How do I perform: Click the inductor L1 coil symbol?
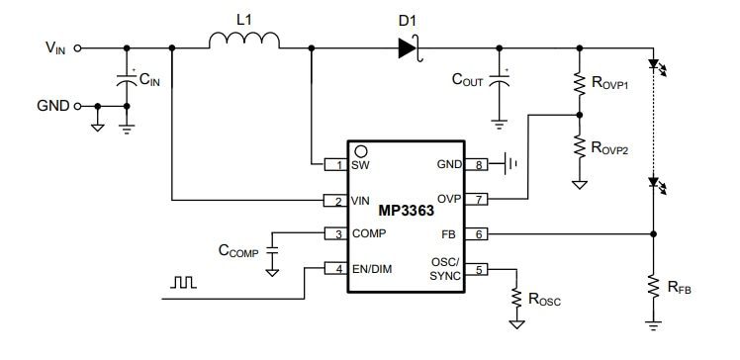click(x=243, y=41)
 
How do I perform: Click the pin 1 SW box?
click(x=337, y=165)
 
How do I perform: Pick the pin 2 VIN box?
click(x=337, y=201)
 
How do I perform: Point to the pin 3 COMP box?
click(x=337, y=234)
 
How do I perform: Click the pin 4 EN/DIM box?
click(x=337, y=269)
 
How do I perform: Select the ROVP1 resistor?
click(x=578, y=84)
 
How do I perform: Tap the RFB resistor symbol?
click(x=652, y=287)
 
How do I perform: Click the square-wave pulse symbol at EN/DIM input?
click(x=183, y=283)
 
